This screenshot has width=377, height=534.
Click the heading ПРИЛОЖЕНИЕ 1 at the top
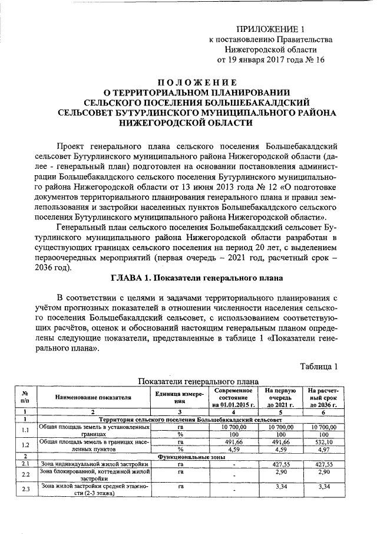coord(272,29)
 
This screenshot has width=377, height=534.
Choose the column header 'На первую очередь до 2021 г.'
coord(280,398)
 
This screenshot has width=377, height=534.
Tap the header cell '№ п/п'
coord(25,397)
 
